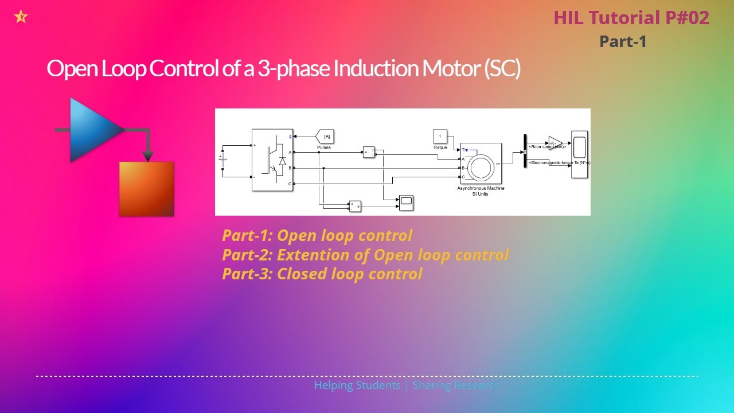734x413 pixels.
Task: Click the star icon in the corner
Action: pyautogui.click(x=21, y=17)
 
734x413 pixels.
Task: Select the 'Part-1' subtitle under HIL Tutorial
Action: pyautogui.click(x=623, y=41)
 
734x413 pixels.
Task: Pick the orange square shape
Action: pyautogui.click(x=146, y=189)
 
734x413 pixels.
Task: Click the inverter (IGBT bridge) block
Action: pyautogui.click(x=272, y=159)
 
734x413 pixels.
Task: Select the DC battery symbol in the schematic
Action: pyautogui.click(x=222, y=161)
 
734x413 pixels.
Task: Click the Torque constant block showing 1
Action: pyautogui.click(x=439, y=136)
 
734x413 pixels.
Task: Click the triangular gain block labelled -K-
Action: pyautogui.click(x=555, y=143)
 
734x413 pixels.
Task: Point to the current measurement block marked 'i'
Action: pyautogui.click(x=369, y=151)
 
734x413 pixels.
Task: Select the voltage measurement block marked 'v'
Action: pyautogui.click(x=355, y=205)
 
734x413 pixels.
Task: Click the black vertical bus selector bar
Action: pyautogui.click(x=525, y=151)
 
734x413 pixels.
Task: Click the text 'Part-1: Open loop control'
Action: pyautogui.click(x=317, y=236)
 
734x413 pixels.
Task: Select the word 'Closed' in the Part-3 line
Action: pyautogui.click(x=302, y=274)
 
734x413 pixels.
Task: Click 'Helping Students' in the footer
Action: pyautogui.click(x=357, y=385)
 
